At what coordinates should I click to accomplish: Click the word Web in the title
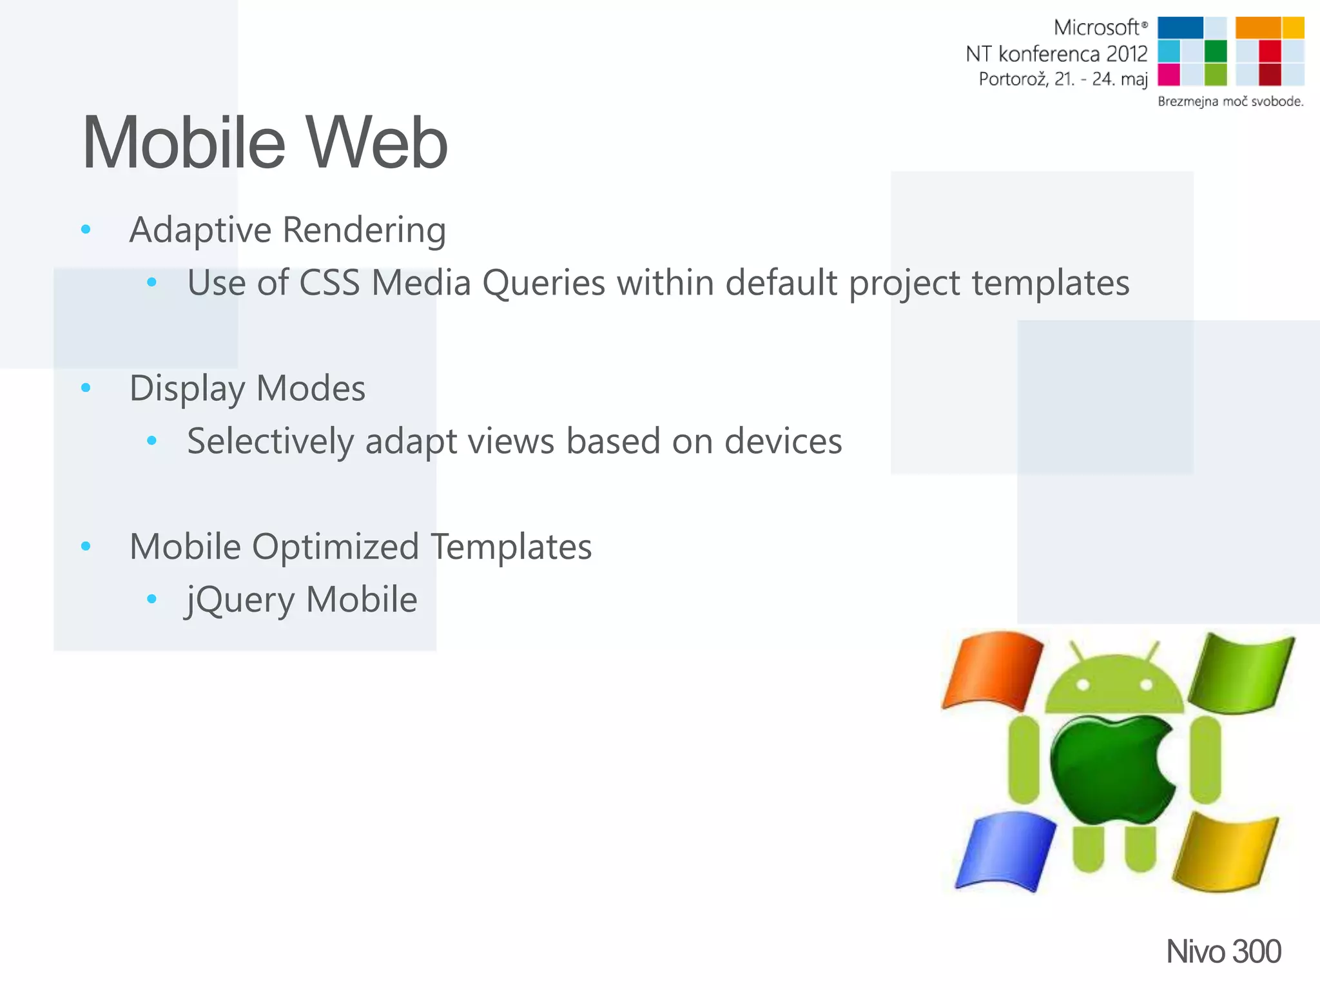pyautogui.click(x=376, y=143)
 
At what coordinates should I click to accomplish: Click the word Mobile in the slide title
pyautogui.click(x=184, y=143)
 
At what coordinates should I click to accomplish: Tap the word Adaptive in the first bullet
pyautogui.click(x=200, y=230)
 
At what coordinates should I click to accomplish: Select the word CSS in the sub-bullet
pyautogui.click(x=329, y=283)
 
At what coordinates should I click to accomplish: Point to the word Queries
pyautogui.click(x=543, y=283)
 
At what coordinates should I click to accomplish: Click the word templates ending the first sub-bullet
pyautogui.click(x=1050, y=283)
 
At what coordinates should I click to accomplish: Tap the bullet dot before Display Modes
pyautogui.click(x=86, y=388)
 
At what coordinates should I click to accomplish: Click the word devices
pyautogui.click(x=782, y=442)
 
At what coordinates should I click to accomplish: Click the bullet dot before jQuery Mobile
pyautogui.click(x=151, y=599)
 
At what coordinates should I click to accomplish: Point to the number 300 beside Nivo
pyautogui.click(x=1256, y=952)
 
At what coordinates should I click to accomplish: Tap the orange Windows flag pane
pyautogui.click(x=993, y=670)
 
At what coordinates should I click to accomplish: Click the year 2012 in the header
pyautogui.click(x=1127, y=54)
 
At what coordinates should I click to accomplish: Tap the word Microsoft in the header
pyautogui.click(x=1096, y=28)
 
